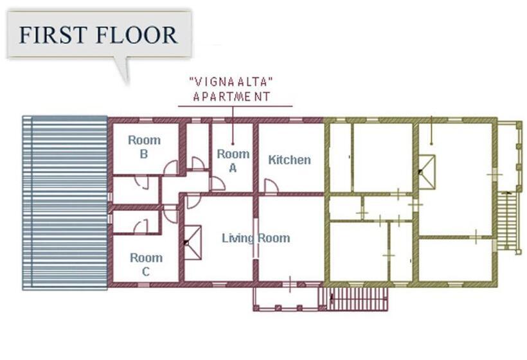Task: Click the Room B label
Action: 144,147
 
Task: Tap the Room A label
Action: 233,160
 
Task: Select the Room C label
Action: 146,265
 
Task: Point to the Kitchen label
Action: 289,159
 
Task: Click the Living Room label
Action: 256,238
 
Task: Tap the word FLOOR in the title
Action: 136,35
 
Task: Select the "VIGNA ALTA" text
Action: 231,82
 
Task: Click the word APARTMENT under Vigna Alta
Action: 231,97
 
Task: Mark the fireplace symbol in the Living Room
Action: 193,242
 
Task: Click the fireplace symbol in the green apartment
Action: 427,172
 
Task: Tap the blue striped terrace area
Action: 65,203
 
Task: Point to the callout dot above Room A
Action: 233,143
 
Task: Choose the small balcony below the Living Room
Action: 286,299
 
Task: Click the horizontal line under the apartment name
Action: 235,107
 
